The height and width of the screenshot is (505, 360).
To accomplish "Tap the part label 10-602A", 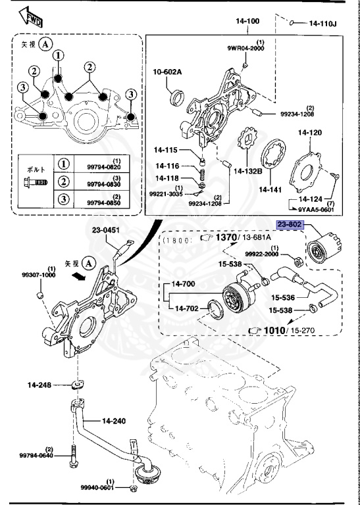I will (x=167, y=72).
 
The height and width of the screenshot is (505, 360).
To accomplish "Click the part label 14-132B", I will (x=247, y=171).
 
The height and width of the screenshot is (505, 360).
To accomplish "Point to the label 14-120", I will (x=309, y=132).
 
